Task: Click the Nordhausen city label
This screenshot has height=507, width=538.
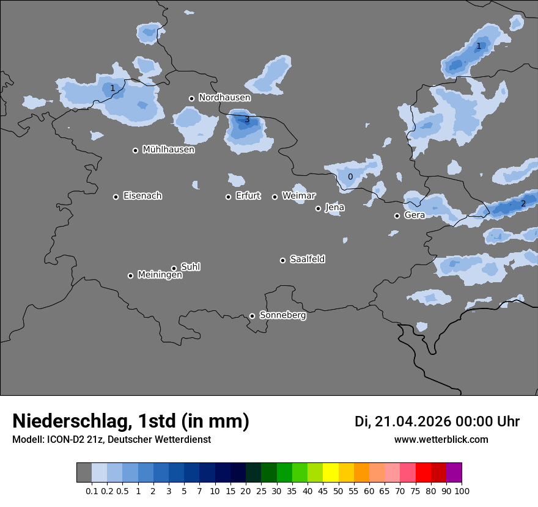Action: coord(224,98)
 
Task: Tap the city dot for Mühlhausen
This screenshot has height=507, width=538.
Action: coord(136,150)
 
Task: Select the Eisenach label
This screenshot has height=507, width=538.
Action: coord(142,196)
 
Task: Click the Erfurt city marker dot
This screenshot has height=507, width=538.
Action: coord(229,197)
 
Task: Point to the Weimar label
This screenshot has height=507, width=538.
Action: coord(298,196)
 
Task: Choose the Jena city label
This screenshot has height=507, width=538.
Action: coord(334,208)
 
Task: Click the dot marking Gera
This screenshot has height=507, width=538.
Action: coord(397,216)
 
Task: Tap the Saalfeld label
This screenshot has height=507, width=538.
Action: coord(307,260)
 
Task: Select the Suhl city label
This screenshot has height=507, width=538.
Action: coord(190,267)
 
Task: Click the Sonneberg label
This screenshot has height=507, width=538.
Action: coord(282,315)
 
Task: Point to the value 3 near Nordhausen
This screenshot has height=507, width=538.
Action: coord(247,120)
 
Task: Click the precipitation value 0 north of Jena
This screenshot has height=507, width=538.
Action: coord(350,177)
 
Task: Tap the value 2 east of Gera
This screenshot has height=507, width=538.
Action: coord(523,203)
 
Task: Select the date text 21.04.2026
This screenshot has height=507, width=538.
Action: coord(413,421)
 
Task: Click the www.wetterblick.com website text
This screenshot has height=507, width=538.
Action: coord(441,439)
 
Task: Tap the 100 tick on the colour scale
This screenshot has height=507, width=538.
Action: coord(462,491)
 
